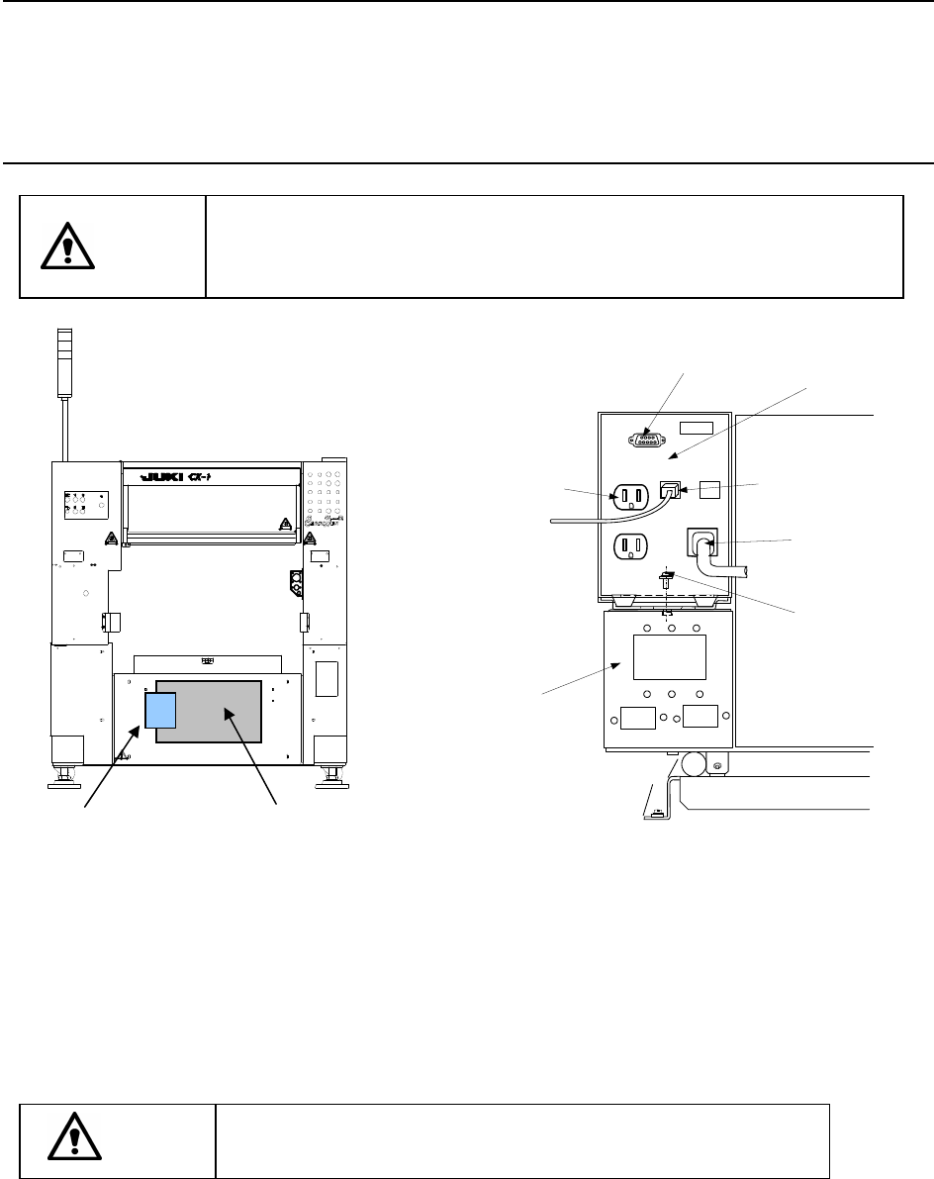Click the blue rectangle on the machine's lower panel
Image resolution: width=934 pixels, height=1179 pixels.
(x=160, y=710)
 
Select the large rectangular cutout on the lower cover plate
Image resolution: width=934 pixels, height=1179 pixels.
(x=669, y=657)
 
